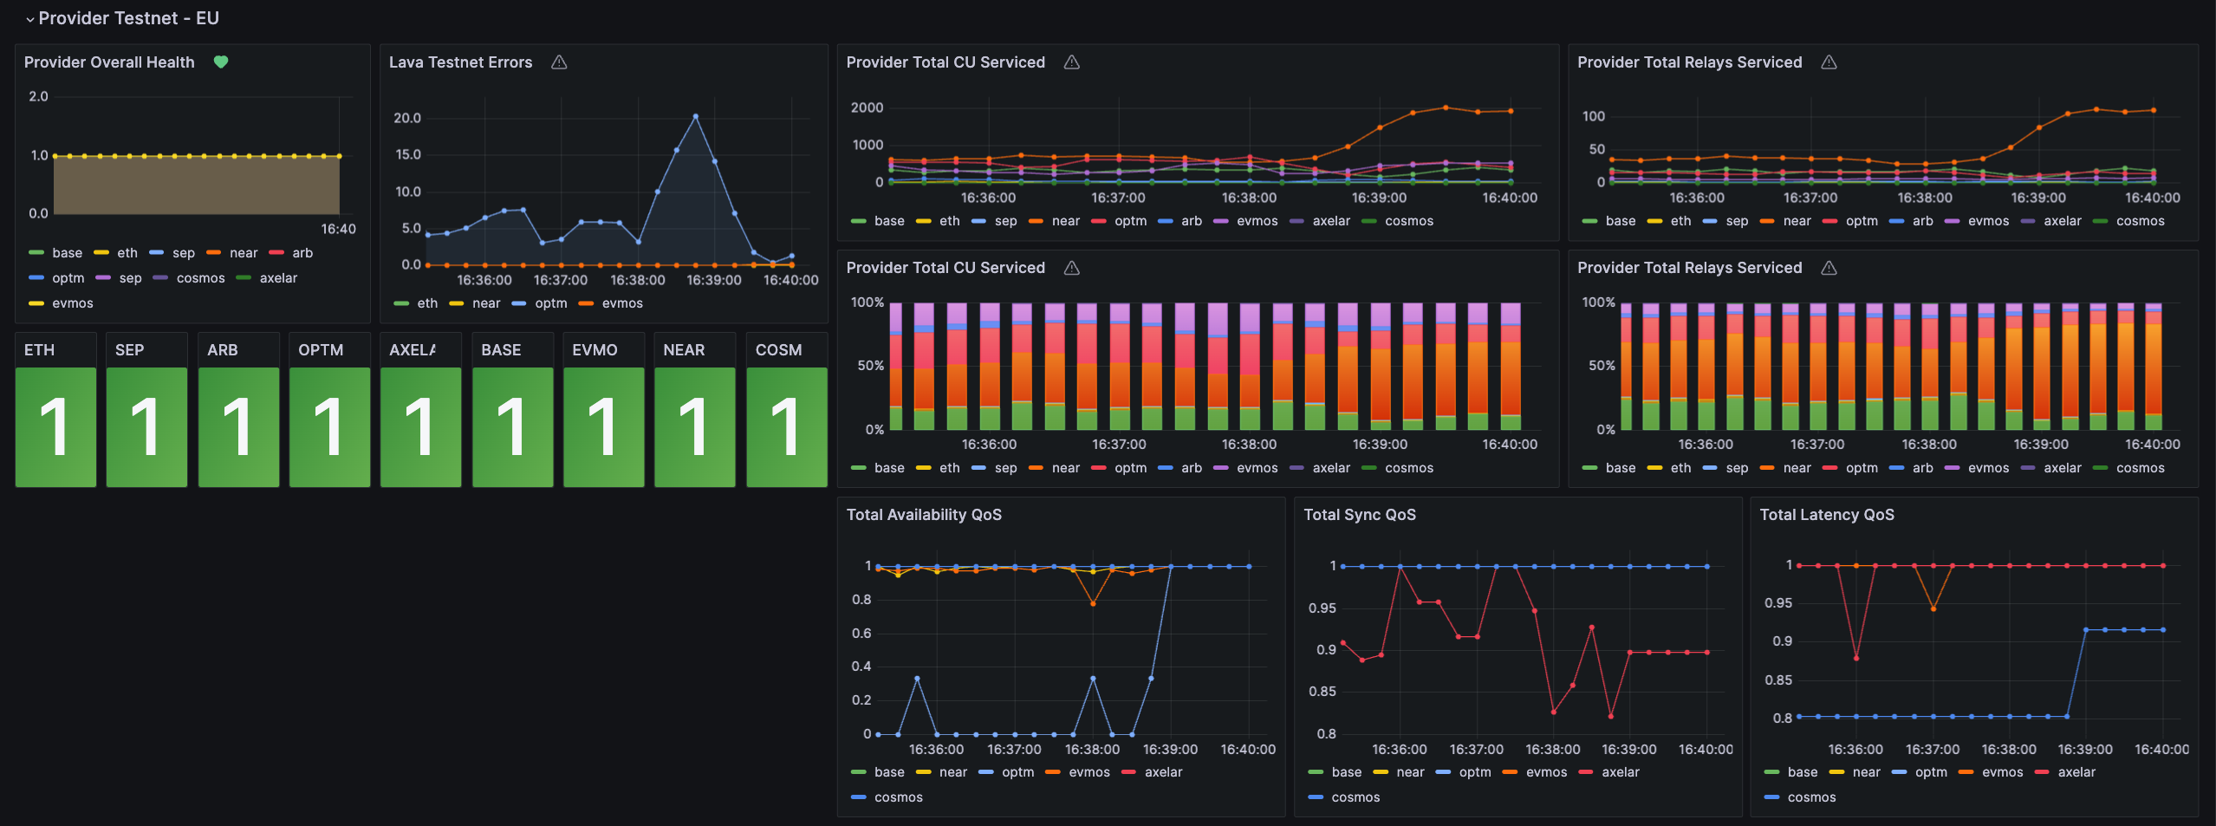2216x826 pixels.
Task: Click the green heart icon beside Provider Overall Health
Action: [221, 62]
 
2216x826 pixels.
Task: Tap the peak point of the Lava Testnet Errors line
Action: [695, 116]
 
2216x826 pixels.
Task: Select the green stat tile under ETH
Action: [55, 426]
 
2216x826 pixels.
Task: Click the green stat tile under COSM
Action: [786, 426]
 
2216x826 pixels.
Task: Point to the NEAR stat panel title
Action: [684, 350]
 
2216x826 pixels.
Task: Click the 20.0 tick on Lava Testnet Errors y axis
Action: [406, 118]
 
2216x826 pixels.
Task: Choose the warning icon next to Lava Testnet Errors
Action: [559, 62]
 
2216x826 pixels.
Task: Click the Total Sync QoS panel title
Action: [1359, 515]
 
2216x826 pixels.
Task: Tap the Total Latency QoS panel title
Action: [1826, 515]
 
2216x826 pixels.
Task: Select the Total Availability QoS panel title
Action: [923, 515]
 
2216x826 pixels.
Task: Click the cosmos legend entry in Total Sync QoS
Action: [1355, 797]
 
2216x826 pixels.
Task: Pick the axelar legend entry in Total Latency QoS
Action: [2076, 772]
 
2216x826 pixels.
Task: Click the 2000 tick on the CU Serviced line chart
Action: [867, 107]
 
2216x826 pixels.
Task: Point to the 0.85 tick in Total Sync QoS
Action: [1322, 692]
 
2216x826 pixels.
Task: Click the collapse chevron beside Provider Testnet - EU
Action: [30, 19]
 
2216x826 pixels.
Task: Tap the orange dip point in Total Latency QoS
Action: [1933, 608]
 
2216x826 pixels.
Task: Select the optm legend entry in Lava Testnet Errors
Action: [550, 303]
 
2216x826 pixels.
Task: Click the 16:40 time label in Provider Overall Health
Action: [338, 229]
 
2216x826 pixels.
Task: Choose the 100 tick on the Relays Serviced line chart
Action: [1593, 116]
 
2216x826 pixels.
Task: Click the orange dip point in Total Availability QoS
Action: [1093, 603]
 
